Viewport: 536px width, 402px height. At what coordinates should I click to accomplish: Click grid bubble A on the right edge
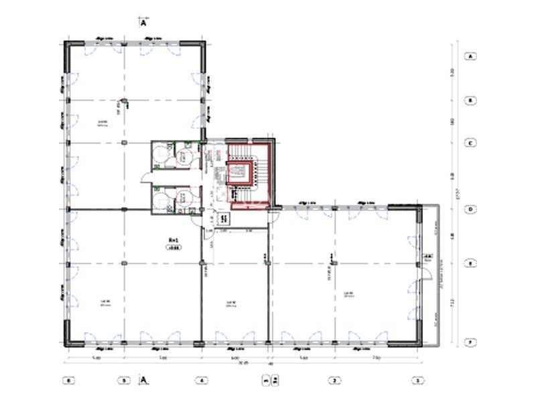point(471,56)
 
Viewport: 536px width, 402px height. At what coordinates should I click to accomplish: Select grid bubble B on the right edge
point(471,100)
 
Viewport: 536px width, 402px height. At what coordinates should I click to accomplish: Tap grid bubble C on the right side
point(471,143)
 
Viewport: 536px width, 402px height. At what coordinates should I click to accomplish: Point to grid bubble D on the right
point(471,209)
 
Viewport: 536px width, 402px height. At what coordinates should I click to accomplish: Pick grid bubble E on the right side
point(471,263)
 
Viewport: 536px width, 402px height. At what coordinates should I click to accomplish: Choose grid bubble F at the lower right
point(471,342)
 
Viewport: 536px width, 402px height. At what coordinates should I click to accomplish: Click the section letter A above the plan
point(143,21)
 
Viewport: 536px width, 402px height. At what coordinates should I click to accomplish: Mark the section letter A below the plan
point(143,380)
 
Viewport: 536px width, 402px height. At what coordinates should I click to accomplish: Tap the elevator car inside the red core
point(238,175)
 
